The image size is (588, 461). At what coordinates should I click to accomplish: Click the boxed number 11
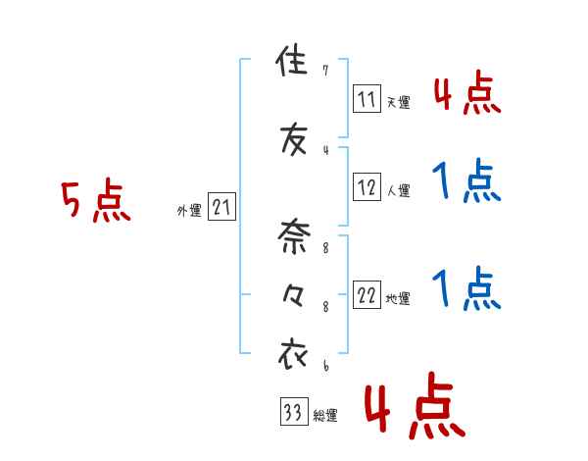367,98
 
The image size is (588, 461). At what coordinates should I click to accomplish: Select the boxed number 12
367,185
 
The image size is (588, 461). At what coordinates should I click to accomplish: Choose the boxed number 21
221,207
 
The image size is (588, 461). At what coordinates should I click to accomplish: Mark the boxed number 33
293,412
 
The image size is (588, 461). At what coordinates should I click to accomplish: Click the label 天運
398,102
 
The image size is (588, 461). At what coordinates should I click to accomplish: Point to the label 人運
398,188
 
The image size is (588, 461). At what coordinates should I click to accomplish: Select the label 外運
189,210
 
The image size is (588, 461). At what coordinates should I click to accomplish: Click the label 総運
324,416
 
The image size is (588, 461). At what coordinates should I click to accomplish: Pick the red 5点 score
96,201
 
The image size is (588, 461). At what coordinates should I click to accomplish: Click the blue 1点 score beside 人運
465,181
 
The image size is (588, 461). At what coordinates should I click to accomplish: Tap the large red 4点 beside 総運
413,410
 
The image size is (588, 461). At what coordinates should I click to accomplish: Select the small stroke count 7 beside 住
325,71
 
